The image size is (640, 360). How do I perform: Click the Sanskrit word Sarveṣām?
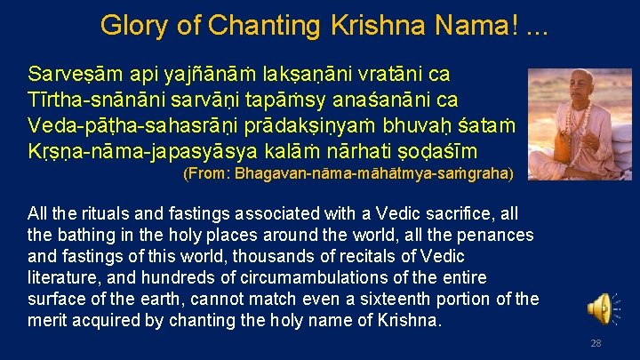[x=69, y=73]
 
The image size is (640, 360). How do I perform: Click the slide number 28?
[x=596, y=344]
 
